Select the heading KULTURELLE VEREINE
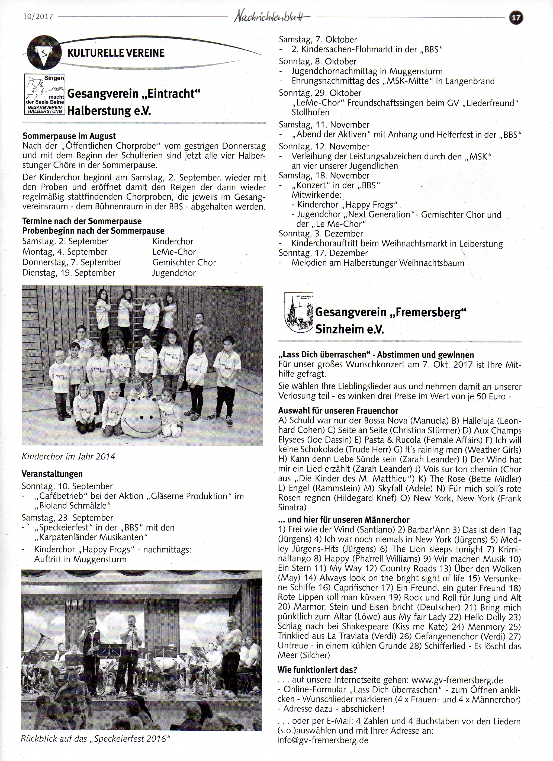tap(116, 53)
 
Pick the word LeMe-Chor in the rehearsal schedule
tap(174, 252)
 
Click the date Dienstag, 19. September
tap(69, 273)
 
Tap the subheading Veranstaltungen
tap(52, 474)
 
